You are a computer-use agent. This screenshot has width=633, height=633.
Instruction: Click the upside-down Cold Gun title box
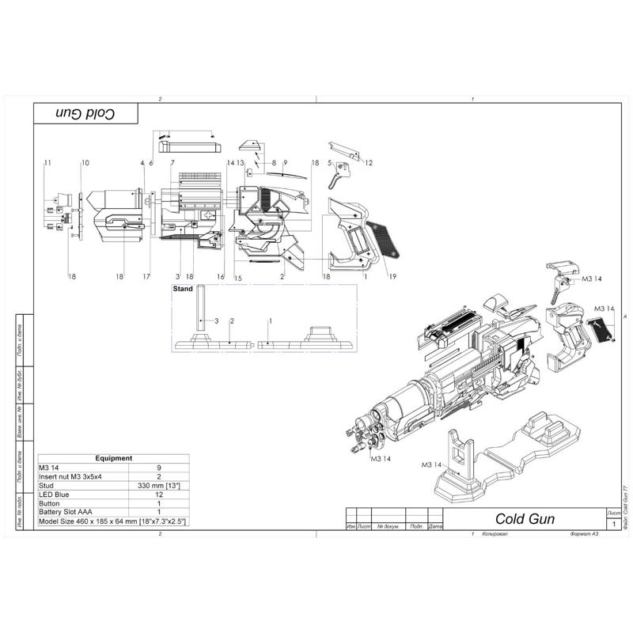85,113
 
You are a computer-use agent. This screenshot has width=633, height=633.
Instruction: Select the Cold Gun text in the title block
525,519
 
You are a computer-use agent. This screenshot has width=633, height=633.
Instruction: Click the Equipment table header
113,458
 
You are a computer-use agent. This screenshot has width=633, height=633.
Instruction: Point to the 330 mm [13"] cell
159,485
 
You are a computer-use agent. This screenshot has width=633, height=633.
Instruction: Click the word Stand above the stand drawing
183,290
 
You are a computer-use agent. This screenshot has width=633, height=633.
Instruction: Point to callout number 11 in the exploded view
47,162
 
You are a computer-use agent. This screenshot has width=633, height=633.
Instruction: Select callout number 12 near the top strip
369,162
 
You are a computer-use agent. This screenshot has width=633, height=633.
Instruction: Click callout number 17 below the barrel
146,276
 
